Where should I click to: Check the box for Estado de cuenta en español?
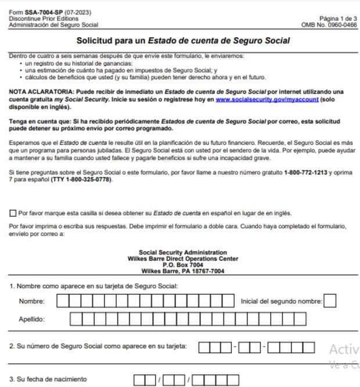pyautogui.click(x=13, y=213)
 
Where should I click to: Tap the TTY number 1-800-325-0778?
pyautogui.click(x=83, y=179)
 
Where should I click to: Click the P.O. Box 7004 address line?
pyautogui.click(x=183, y=264)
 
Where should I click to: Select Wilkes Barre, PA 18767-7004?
pyautogui.click(x=183, y=270)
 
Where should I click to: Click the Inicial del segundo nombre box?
pyautogui.click(x=330, y=301)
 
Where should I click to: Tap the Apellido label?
pyautogui.click(x=31, y=320)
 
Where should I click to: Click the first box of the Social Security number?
pyautogui.click(x=204, y=347)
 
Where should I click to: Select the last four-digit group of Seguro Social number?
pyautogui.click(x=291, y=347)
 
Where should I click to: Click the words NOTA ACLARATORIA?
pyautogui.click(x=38, y=92)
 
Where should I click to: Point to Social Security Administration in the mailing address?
pyautogui.click(x=183, y=252)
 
